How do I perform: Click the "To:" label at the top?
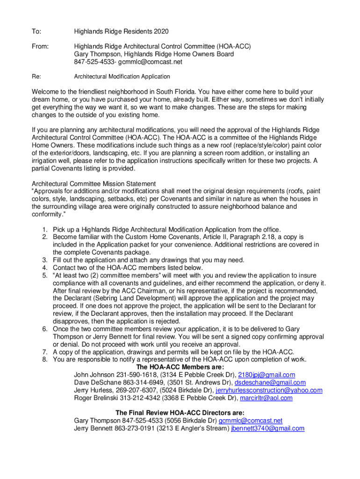(36, 31)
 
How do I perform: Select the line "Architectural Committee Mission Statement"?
(94, 183)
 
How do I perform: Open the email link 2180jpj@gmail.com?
(266, 375)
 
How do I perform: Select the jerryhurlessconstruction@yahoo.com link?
(269, 390)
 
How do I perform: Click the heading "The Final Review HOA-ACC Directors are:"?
(180, 413)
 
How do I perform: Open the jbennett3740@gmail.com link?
(268, 428)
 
